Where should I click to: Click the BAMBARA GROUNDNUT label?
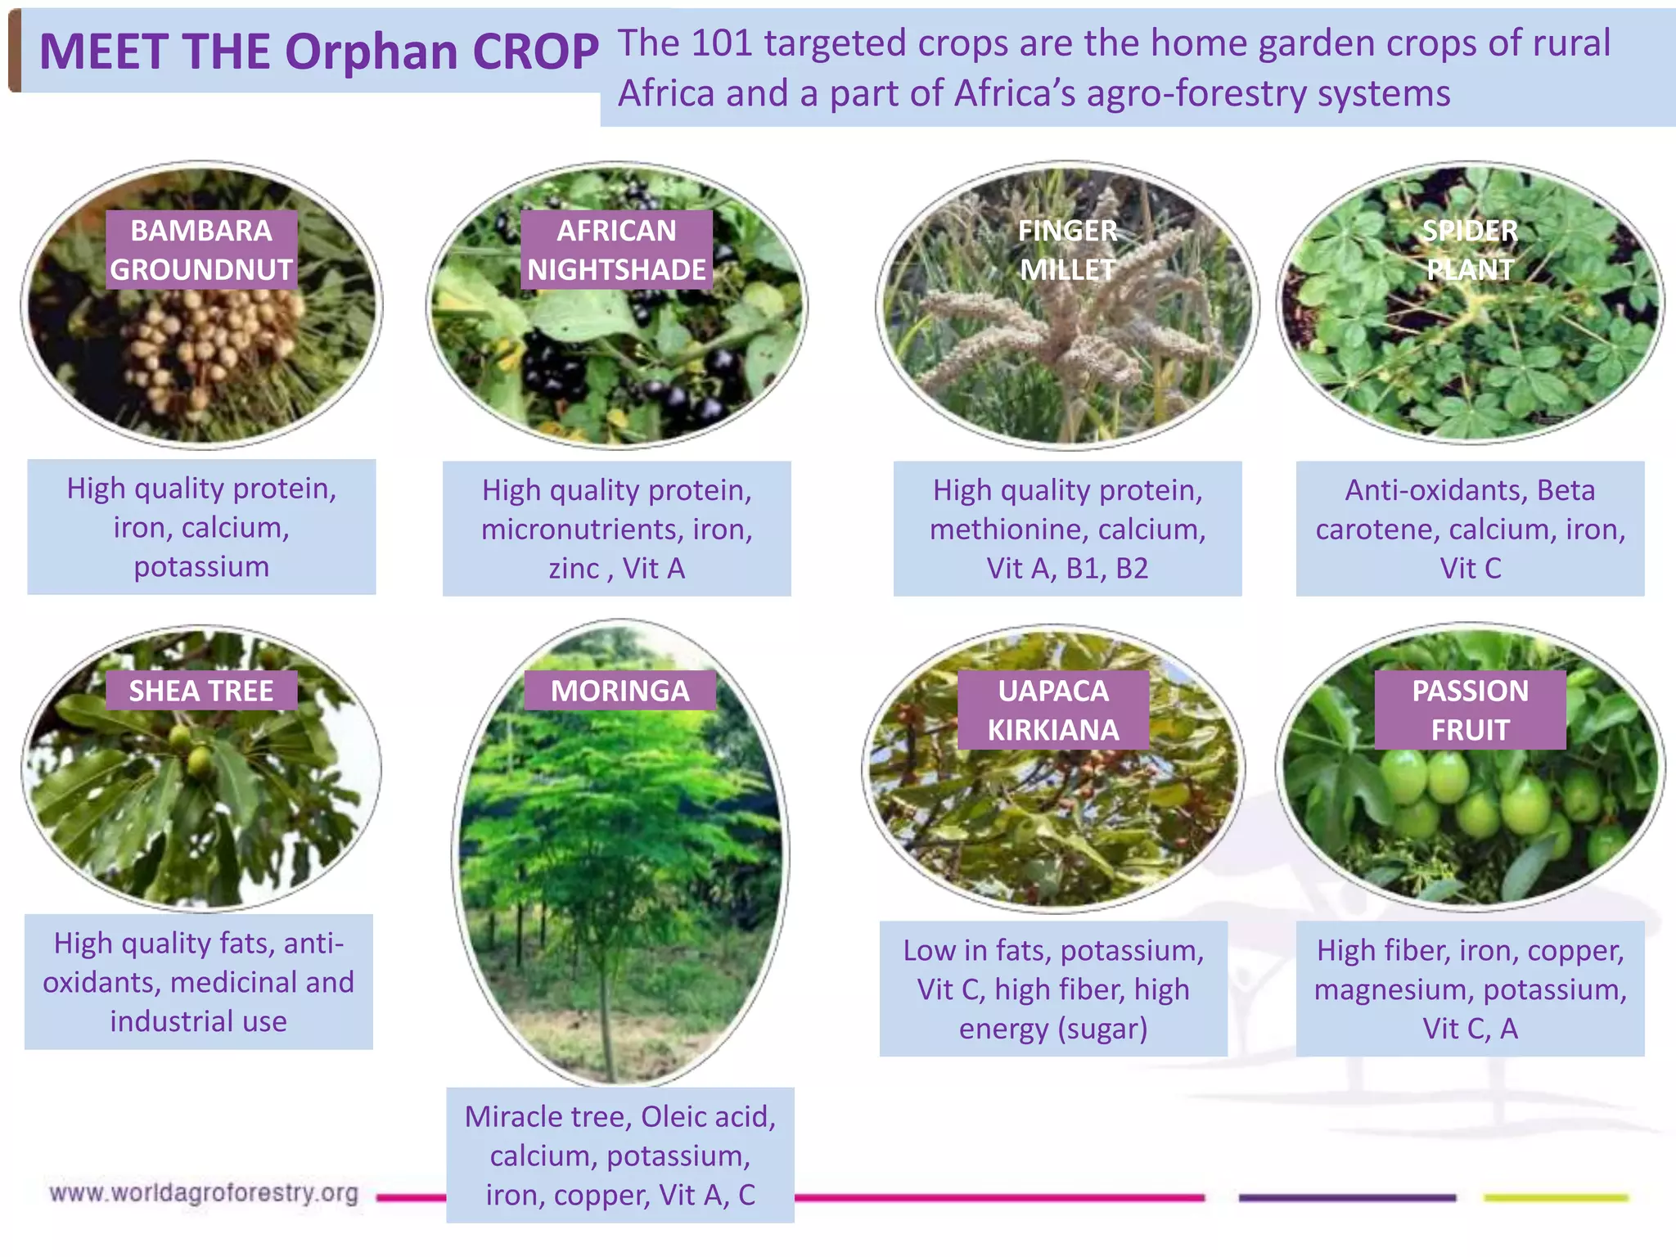201,250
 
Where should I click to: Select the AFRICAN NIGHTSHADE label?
616,250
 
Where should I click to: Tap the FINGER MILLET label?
1067,250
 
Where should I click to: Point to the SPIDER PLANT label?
1470,250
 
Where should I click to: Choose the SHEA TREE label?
201,692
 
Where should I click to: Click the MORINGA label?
619,692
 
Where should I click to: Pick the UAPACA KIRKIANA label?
1053,710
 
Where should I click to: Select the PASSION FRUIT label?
1470,710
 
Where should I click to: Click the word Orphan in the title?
372,52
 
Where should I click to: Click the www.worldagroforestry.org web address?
204,1193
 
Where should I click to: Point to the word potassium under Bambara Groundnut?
201,566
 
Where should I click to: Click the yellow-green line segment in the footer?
1556,1198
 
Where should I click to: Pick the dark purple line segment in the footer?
1347,1198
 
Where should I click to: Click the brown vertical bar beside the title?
14,52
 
